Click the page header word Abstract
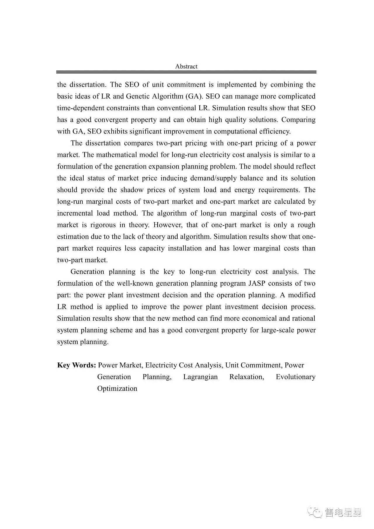(x=186, y=66)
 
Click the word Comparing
(x=298, y=120)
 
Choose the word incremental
(x=75, y=213)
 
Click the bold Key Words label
(x=77, y=365)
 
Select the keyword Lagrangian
(x=200, y=377)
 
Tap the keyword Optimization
(x=117, y=388)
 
